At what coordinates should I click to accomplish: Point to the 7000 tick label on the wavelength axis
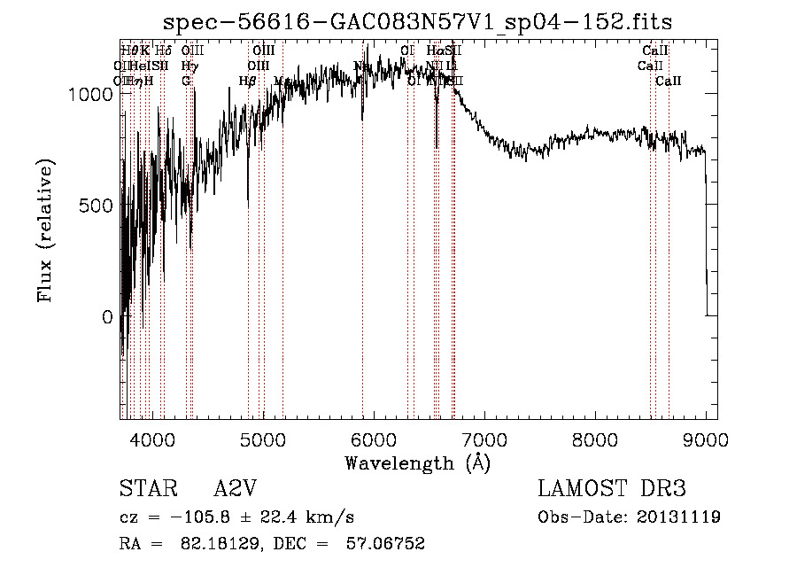(484, 439)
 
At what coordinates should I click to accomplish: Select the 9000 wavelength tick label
(705, 439)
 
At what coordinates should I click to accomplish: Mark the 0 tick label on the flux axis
(109, 317)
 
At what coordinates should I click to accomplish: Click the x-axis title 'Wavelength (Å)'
(417, 462)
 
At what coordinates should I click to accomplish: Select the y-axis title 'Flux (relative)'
(45, 230)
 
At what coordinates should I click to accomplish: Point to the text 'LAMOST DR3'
(612, 489)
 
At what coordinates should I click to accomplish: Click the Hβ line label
(247, 81)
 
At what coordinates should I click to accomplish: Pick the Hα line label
(435, 51)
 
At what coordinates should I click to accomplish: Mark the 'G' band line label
(186, 81)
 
